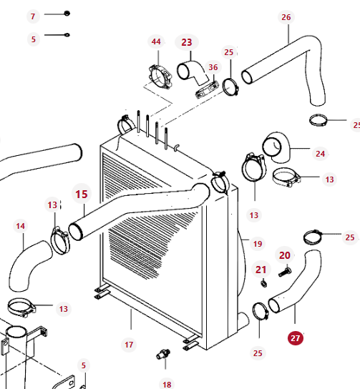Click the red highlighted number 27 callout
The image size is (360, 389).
[296, 338]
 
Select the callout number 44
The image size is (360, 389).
[156, 41]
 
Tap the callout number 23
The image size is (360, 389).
[187, 42]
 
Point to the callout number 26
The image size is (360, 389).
[286, 17]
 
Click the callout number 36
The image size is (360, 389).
[213, 67]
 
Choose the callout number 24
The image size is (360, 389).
[320, 154]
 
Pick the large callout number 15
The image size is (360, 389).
[82, 194]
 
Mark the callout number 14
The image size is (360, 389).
[20, 226]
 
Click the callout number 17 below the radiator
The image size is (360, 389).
[129, 345]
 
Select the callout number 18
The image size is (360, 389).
[167, 385]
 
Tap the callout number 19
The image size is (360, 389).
[258, 244]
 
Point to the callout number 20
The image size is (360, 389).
[285, 255]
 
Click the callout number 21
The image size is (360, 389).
[261, 270]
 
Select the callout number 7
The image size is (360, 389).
[33, 16]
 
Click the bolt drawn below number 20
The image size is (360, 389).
[285, 272]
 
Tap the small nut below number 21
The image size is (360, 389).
[264, 283]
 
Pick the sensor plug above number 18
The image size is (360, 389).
[163, 354]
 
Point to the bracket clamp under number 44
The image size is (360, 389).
[160, 77]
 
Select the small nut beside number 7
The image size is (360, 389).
[67, 13]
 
